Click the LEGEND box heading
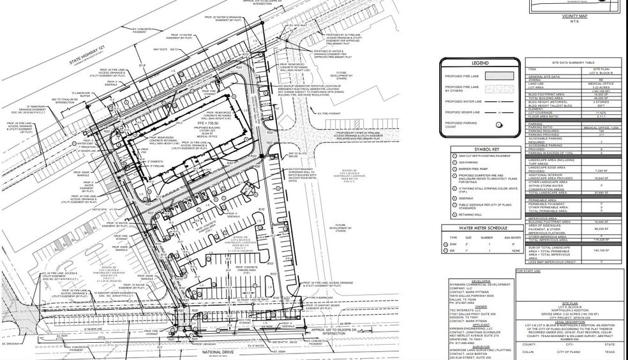pyautogui.click(x=479, y=63)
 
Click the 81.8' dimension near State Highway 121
pyautogui.click(x=142, y=65)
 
